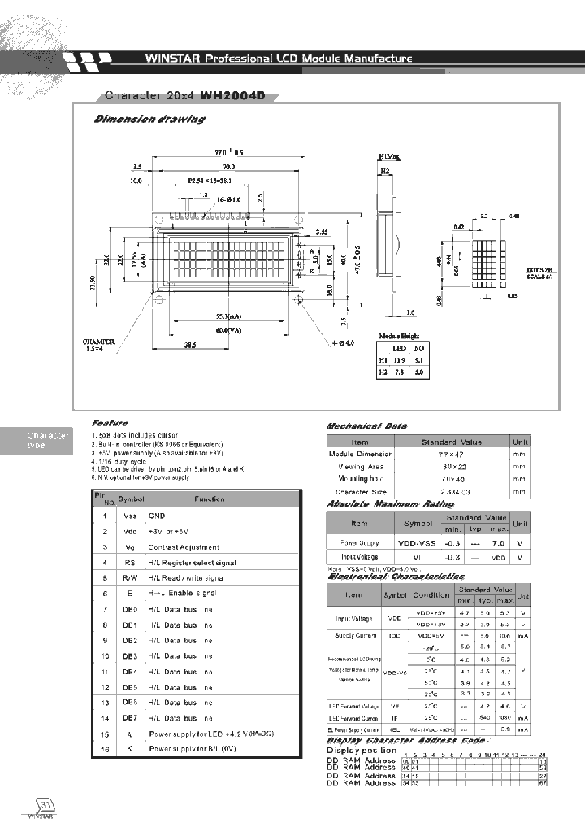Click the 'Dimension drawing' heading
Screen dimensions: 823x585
pyautogui.click(x=149, y=119)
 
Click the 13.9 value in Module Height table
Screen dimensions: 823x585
pyautogui.click(x=400, y=359)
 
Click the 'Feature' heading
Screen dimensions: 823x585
pyautogui.click(x=109, y=424)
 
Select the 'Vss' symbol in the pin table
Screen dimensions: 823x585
pyautogui.click(x=130, y=516)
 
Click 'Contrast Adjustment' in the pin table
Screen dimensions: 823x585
pyautogui.click(x=184, y=547)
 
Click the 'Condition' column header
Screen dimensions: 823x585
pyautogui.click(x=434, y=594)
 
